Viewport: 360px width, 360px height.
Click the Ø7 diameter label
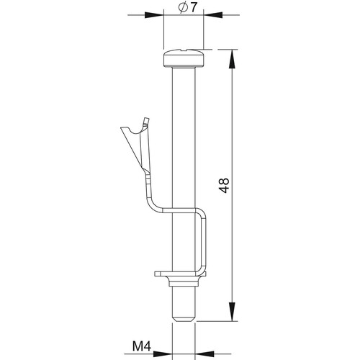click(187, 8)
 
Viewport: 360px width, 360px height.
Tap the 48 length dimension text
click(225, 186)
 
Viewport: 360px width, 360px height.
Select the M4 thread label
click(142, 346)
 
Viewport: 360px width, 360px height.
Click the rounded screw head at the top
click(184, 58)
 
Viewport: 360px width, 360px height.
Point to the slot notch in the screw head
click(184, 50)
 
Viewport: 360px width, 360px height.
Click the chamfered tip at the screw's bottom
click(184, 318)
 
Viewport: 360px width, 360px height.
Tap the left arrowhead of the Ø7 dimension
click(154, 15)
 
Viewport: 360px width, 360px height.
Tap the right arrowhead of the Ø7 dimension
click(213, 15)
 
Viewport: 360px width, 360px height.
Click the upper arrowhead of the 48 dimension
click(232, 59)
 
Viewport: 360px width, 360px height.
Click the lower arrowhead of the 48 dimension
click(232, 312)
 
